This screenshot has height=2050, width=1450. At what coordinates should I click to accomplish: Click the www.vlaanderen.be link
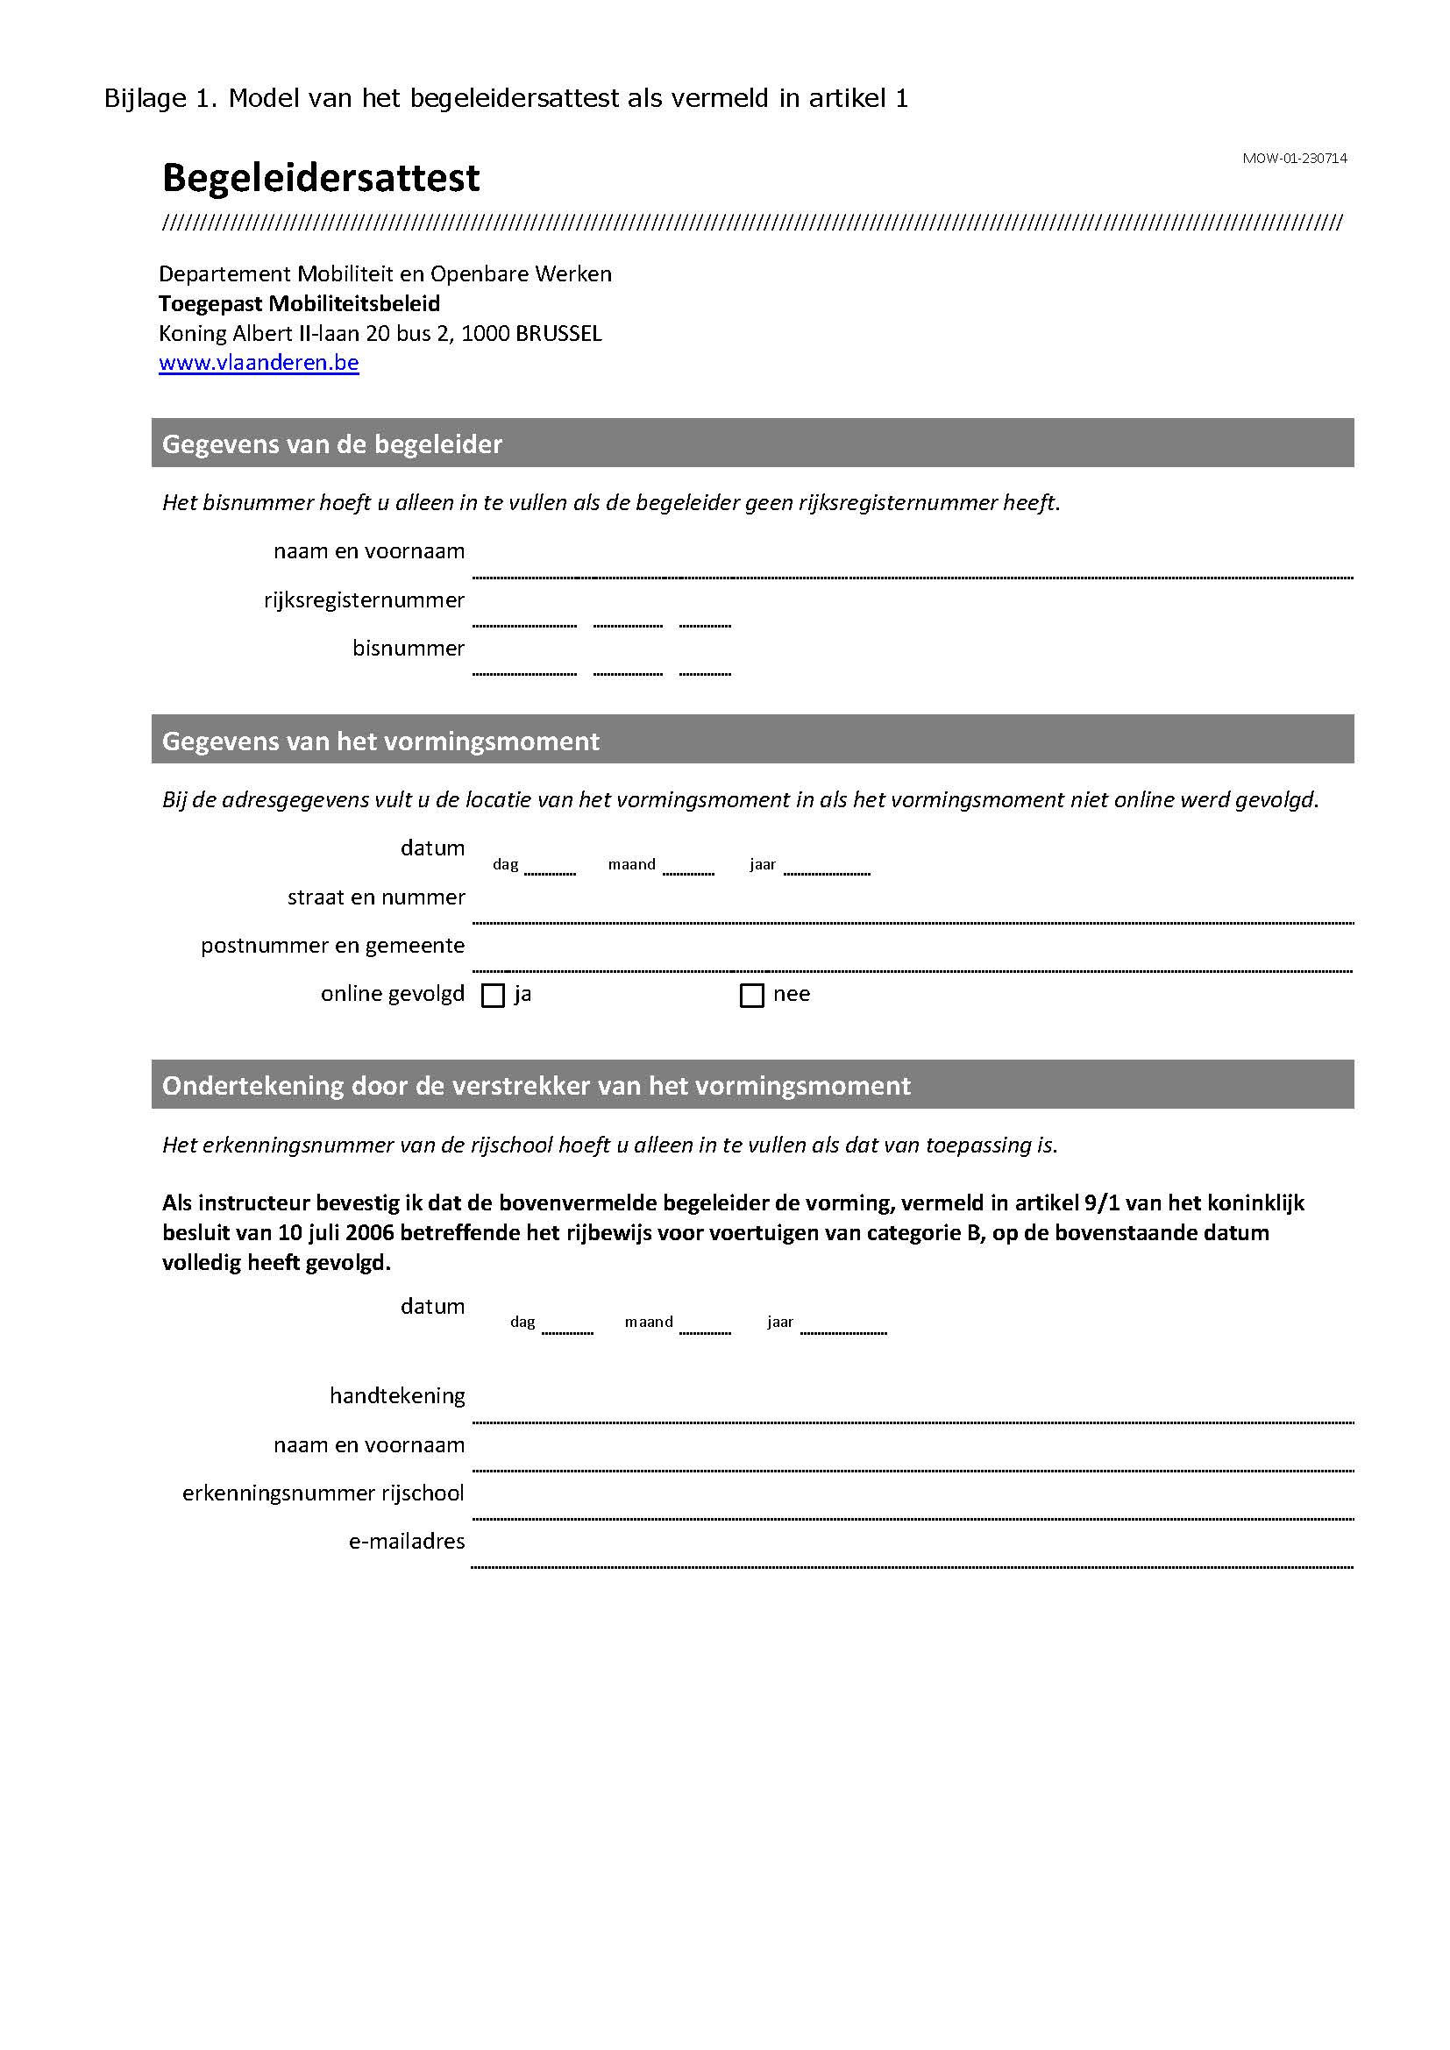pos(258,363)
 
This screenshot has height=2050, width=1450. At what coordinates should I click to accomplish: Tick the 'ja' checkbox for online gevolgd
pos(493,996)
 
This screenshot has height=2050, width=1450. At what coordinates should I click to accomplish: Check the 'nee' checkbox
pos(752,996)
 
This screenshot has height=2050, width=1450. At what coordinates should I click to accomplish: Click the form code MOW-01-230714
pos(1294,159)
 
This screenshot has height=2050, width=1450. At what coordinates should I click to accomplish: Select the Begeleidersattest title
pos(321,179)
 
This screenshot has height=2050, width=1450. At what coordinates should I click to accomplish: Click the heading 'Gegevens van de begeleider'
pos(332,443)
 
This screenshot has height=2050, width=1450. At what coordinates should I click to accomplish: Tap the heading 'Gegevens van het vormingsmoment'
pos(380,741)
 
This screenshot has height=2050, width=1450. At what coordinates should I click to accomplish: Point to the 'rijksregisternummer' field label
pos(364,600)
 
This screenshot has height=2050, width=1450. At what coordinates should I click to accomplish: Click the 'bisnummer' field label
pos(408,649)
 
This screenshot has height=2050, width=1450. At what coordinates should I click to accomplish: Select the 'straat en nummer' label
pos(376,897)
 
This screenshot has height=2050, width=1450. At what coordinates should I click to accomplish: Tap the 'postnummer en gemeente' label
pos(332,946)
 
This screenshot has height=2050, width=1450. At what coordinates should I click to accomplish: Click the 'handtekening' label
pos(397,1395)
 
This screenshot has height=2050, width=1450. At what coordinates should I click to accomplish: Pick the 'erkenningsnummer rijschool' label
pos(323,1493)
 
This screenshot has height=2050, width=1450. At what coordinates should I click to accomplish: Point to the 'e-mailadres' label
pos(406,1541)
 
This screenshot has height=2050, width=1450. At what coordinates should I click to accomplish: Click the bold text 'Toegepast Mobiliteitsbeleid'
pos(299,303)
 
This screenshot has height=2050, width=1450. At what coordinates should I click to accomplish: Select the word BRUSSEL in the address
pos(558,334)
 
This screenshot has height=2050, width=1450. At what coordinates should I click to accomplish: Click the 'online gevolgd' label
pos(392,994)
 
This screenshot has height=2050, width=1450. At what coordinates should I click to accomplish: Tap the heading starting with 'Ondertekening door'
pos(536,1086)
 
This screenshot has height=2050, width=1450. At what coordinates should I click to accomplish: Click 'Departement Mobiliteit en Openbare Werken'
pos(385,274)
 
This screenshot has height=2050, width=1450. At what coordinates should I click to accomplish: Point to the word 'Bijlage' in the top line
pos(145,98)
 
